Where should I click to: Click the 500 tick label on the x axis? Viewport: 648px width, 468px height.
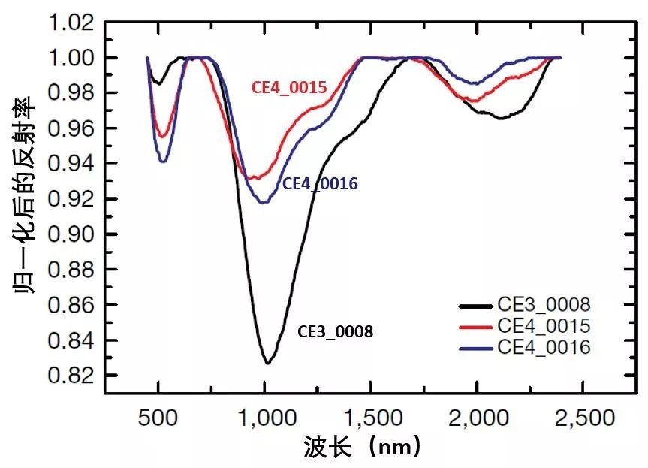[x=158, y=417]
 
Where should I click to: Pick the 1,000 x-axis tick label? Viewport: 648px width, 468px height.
[x=264, y=417]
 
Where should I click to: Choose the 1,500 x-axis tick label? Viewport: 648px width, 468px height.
[x=371, y=417]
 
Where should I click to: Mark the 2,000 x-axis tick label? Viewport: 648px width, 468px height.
[x=477, y=417]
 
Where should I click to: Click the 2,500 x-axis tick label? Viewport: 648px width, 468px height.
[x=583, y=417]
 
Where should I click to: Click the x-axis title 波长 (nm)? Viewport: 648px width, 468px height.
[x=363, y=448]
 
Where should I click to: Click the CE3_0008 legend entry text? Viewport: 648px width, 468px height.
[x=544, y=306]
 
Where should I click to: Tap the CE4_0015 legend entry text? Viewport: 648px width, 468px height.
[x=544, y=326]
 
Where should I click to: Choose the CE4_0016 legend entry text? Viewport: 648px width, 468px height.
[x=544, y=346]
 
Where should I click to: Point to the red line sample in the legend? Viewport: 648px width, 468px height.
[x=475, y=327]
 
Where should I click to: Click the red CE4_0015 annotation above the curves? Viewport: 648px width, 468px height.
[x=288, y=88]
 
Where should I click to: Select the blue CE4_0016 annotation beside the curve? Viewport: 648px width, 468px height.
[x=319, y=183]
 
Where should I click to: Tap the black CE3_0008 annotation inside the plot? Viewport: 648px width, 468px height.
[x=336, y=331]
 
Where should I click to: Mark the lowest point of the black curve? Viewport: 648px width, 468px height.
[x=267, y=364]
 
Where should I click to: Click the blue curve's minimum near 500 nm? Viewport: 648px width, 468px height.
[x=163, y=162]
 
